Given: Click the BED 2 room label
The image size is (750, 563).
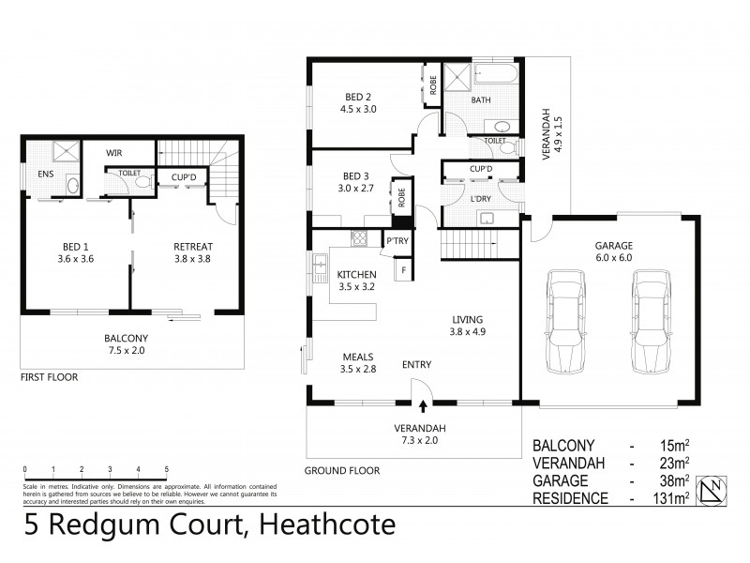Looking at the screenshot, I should click(356, 97).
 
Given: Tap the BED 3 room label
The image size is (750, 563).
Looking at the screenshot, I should click(356, 176).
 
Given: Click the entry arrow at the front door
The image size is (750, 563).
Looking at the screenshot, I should click(423, 406).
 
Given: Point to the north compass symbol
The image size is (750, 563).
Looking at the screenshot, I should click(716, 490).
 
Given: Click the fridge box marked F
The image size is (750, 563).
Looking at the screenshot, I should click(404, 271).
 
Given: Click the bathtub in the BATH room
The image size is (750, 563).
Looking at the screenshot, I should click(495, 74).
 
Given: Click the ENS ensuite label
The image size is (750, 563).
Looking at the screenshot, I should click(45, 175).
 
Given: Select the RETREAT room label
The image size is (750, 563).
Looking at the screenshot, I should click(192, 248).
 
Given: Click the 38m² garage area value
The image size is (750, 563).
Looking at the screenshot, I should click(673, 480).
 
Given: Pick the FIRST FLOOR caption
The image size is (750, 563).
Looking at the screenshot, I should click(49, 377).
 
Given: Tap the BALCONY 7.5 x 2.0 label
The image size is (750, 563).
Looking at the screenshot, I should click(126, 344).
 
